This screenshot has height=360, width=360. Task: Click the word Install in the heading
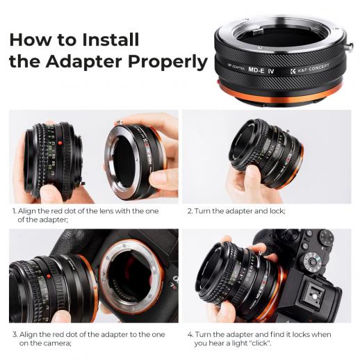coord(111,40)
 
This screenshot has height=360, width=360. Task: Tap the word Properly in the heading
coord(167,63)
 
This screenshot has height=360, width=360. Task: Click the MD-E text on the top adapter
coord(256,69)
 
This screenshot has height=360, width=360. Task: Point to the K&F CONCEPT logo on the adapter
coord(309,69)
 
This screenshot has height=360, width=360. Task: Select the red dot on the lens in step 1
coord(60,143)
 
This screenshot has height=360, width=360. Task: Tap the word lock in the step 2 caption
coord(277,211)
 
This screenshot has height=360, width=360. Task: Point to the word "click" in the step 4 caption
coord(259,343)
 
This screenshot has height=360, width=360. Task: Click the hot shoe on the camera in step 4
coord(313,294)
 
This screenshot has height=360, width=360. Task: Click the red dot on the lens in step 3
coord(49,276)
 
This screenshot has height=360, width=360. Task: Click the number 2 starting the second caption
coord(190,211)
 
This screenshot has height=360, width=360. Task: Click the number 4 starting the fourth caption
coord(190,334)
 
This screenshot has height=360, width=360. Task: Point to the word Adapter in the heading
coord(84,61)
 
